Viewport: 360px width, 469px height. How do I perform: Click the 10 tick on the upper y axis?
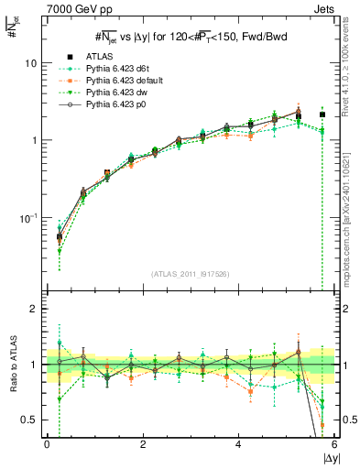coord(30,63)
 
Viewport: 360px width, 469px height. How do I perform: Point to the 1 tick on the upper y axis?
coord(33,141)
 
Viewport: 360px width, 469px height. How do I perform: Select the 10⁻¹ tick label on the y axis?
coord(27,218)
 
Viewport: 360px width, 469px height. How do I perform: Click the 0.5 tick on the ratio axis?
coord(29,420)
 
